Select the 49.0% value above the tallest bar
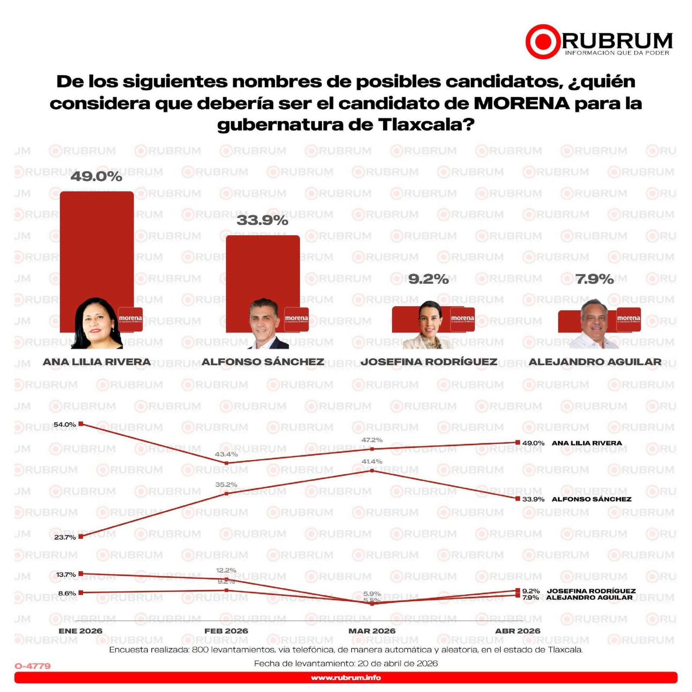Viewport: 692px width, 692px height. pyautogui.click(x=96, y=176)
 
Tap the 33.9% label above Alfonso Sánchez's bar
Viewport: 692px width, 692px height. pyautogui.click(x=262, y=220)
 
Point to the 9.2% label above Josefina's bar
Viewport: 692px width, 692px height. pyautogui.click(x=428, y=279)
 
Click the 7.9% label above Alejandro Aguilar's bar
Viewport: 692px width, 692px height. pyautogui.click(x=594, y=279)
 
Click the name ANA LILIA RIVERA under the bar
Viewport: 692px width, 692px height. pyautogui.click(x=96, y=362)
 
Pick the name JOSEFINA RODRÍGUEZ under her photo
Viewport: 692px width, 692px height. pyautogui.click(x=429, y=362)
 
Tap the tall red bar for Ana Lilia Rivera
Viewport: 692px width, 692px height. pyautogui.click(x=96, y=242)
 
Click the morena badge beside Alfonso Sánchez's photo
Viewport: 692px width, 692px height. pyautogui.click(x=296, y=319)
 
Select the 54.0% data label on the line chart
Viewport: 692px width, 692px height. pyautogui.click(x=64, y=424)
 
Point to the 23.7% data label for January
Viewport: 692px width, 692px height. pyautogui.click(x=65, y=537)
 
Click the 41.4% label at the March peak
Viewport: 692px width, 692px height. pyautogui.click(x=372, y=461)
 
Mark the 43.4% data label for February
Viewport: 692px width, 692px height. pyautogui.click(x=226, y=454)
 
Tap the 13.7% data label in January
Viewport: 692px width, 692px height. pyautogui.click(x=66, y=574)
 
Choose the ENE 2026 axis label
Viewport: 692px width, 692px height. pyautogui.click(x=80, y=631)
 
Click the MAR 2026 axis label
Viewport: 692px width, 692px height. pyautogui.click(x=372, y=631)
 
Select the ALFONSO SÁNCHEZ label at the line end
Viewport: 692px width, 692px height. pyautogui.click(x=591, y=499)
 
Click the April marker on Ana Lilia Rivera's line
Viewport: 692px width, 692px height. pyautogui.click(x=518, y=442)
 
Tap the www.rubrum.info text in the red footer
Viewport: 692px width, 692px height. pyautogui.click(x=346, y=678)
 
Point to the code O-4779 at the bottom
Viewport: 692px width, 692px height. pyautogui.click(x=33, y=666)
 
